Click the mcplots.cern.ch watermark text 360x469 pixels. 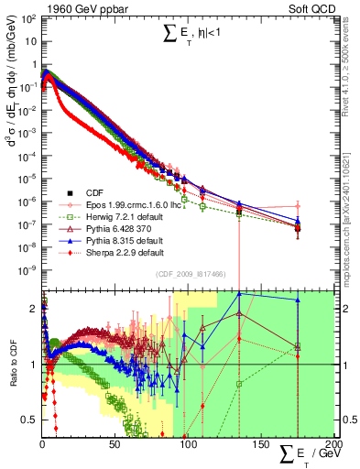(x=348, y=220)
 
